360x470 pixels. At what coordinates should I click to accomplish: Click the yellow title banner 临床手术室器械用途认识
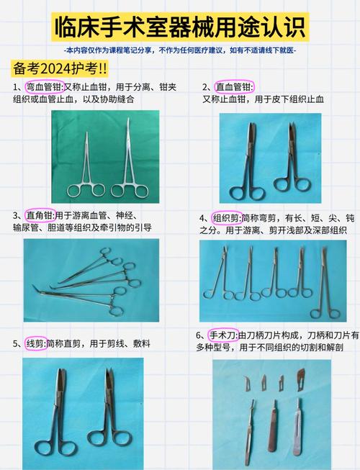(179, 27)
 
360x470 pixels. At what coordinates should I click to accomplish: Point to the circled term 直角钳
(39, 215)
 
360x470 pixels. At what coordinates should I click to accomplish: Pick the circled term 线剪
(35, 343)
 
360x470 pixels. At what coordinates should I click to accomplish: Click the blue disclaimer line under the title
(179, 50)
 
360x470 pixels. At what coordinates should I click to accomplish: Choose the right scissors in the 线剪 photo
(108, 410)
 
